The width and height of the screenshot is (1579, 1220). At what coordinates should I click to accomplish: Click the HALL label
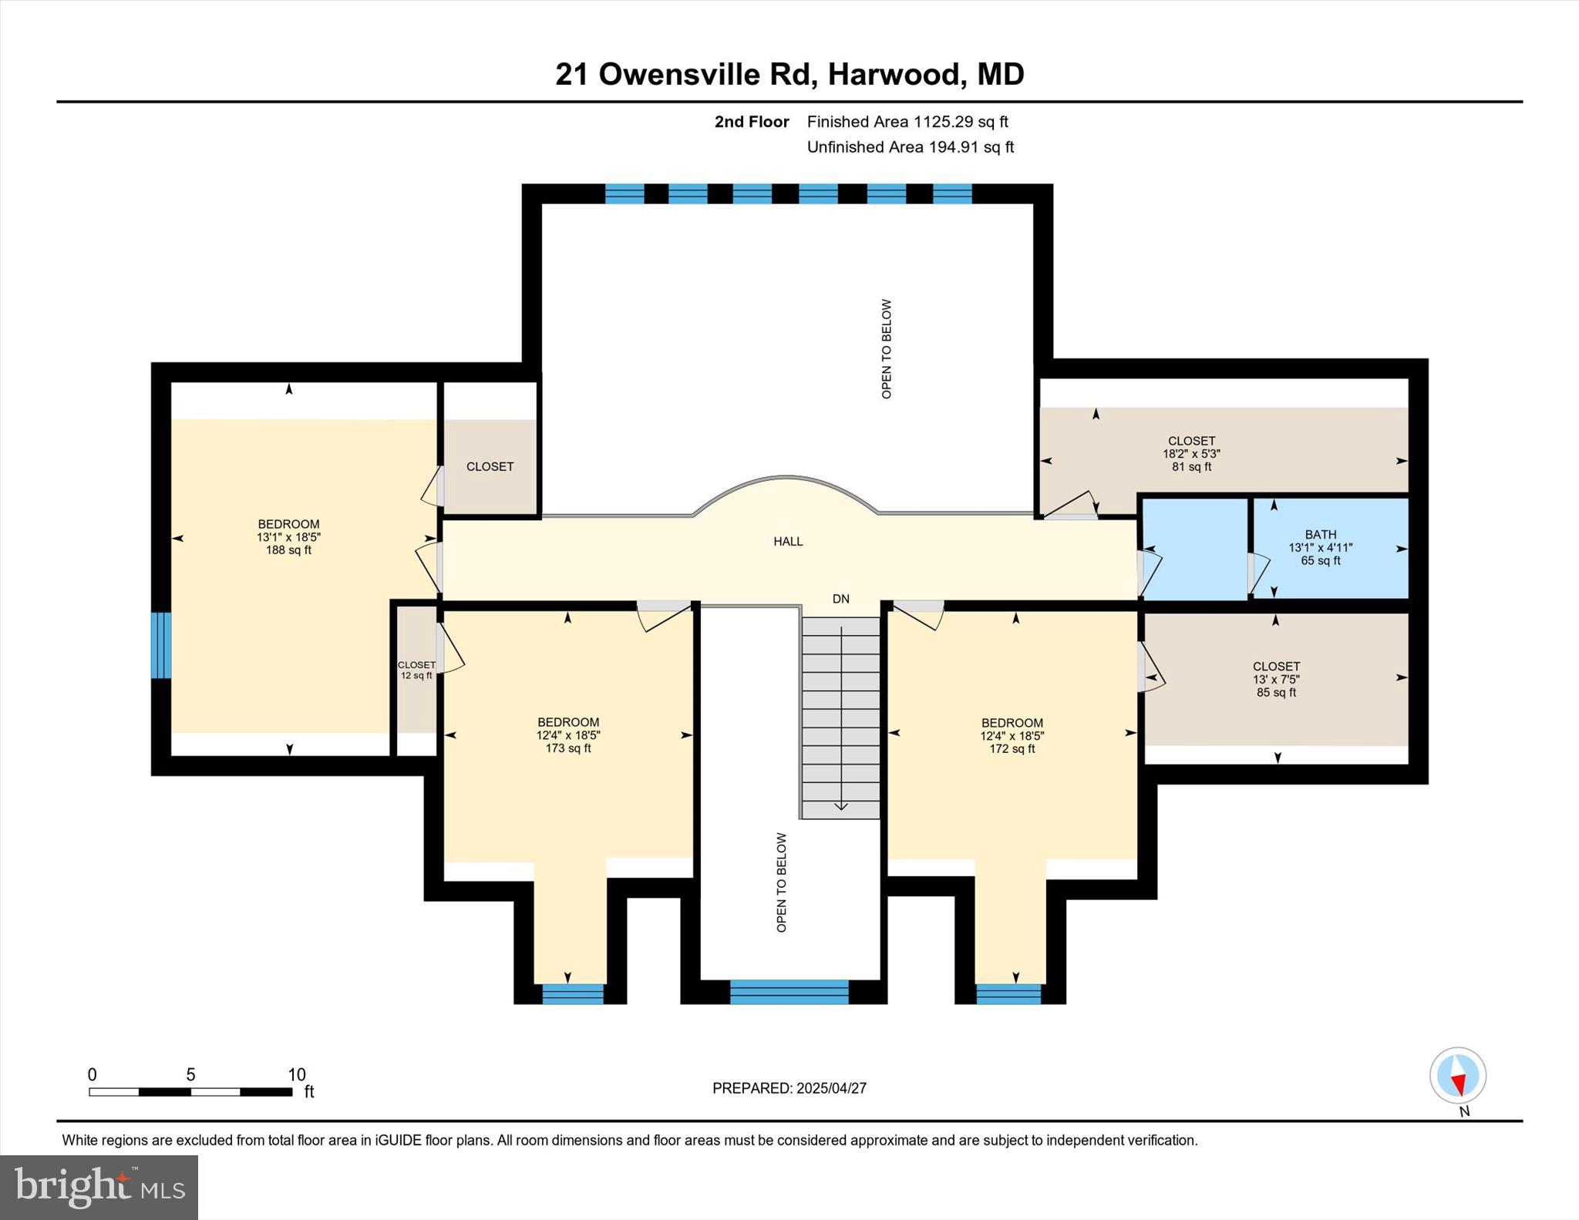[788, 542]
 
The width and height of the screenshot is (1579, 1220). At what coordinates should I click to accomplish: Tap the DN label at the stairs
[840, 599]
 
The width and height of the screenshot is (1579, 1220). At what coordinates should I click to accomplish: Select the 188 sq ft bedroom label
[288, 537]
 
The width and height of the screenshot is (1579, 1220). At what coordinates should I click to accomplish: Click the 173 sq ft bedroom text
[568, 735]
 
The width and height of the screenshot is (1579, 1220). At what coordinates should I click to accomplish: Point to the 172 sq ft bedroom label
[1012, 735]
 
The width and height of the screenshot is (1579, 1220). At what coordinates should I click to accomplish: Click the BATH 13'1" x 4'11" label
[1320, 547]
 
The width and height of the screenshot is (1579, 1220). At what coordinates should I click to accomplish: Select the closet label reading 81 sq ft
[1191, 454]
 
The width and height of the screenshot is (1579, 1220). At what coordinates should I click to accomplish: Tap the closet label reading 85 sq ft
[1276, 679]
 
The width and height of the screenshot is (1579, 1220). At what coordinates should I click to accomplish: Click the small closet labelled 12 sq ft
[416, 670]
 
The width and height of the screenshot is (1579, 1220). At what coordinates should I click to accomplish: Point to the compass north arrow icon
[1457, 1076]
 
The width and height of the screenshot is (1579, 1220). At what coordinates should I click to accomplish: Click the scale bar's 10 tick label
[297, 1074]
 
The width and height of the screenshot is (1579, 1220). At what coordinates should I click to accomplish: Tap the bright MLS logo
[99, 1187]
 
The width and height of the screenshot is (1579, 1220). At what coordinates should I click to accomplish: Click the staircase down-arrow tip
[841, 808]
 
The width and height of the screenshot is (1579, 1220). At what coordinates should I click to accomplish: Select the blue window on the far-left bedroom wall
[160, 645]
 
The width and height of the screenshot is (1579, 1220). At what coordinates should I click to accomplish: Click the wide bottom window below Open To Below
[789, 992]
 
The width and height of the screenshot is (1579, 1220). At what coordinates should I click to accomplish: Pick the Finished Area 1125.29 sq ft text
[907, 122]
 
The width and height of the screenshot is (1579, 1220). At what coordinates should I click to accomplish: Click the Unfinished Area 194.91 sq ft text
[910, 147]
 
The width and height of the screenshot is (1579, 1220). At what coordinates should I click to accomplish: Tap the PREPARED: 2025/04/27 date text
[789, 1088]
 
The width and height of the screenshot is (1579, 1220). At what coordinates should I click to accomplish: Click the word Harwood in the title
[895, 75]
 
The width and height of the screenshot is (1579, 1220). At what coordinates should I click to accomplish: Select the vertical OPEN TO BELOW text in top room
[887, 349]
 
